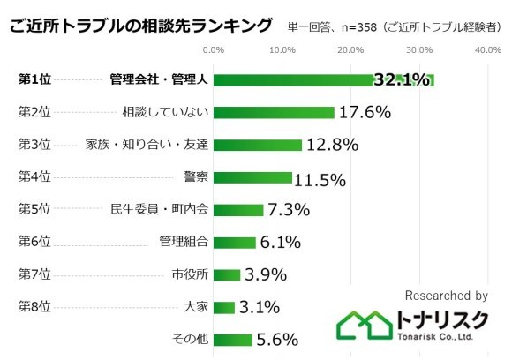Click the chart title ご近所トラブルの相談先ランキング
[140, 26]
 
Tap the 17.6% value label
[365, 113]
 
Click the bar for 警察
[252, 177]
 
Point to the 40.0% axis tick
[488, 50]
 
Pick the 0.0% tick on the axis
[214, 50]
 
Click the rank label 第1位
[34, 80]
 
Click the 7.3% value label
[288, 210]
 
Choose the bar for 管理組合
[234, 242]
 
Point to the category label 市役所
[190, 274]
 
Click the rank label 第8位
[34, 307]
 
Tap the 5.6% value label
[276, 340]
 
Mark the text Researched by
[446, 296]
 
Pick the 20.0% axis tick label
[350, 50]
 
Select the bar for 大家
[224, 307]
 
